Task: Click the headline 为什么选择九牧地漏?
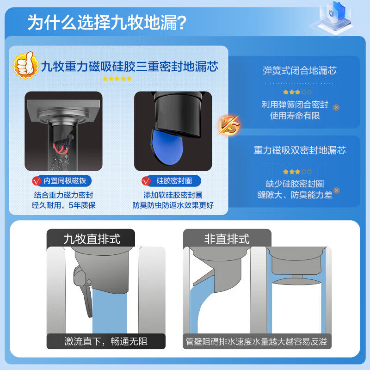tap(107, 23)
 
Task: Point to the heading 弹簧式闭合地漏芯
tap(299, 71)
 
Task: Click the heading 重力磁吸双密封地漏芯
tap(299, 150)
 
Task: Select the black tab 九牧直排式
tap(91, 239)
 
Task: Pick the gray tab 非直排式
tap(227, 239)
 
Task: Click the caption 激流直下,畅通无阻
tap(106, 342)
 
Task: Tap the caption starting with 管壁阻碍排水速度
tap(258, 342)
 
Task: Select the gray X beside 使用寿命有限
tap(336, 107)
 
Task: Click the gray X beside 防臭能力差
tap(336, 191)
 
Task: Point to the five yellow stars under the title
tap(117, 79)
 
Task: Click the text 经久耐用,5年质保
tap(63, 205)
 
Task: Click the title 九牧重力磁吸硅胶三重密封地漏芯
tap(129, 67)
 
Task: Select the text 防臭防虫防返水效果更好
tap(173, 205)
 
